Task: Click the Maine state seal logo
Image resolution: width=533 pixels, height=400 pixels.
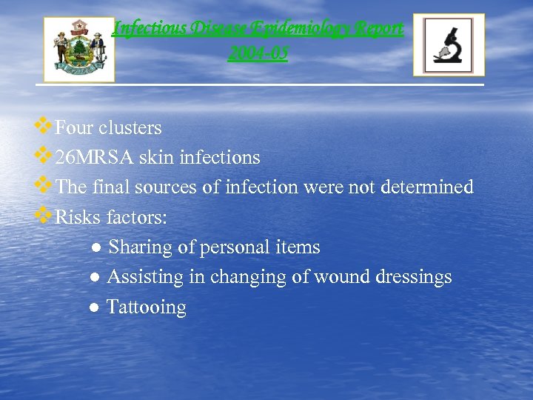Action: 79,49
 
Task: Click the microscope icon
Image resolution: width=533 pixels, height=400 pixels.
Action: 448,45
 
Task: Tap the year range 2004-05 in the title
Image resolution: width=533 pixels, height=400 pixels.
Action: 258,53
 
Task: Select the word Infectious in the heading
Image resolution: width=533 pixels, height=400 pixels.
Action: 148,29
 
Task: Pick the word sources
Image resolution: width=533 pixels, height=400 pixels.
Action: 167,187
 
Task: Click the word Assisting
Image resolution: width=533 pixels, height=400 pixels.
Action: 144,277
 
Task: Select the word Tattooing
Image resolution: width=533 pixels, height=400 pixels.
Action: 147,307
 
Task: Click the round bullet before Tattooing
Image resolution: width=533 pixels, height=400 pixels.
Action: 95,307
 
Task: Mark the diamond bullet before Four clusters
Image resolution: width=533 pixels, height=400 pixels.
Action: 44,127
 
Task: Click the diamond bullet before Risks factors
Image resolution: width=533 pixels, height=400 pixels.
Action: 44,216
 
